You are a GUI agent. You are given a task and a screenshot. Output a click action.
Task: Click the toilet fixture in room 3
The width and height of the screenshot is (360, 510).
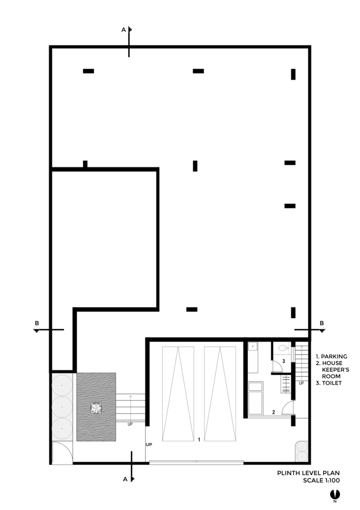[x=284, y=348]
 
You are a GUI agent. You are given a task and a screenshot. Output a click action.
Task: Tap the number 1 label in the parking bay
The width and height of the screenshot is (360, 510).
[x=199, y=440]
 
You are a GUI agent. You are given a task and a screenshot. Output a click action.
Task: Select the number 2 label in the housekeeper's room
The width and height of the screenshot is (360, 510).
[x=273, y=412]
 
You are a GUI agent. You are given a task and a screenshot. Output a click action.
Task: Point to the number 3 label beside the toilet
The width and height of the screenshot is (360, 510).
[x=284, y=361]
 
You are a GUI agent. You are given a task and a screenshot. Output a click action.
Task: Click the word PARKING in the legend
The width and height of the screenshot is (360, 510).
[x=334, y=356]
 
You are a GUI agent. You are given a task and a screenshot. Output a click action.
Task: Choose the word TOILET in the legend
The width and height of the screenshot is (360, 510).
[x=332, y=383]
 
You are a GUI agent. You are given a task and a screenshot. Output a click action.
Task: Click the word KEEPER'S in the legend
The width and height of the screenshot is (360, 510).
[x=336, y=369]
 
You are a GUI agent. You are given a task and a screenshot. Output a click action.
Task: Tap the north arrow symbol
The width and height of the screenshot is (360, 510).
[x=335, y=494]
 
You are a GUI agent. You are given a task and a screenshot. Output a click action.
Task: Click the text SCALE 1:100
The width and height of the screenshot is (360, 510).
[x=321, y=480]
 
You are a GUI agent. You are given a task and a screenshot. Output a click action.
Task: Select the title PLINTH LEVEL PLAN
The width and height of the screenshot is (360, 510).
[x=308, y=473]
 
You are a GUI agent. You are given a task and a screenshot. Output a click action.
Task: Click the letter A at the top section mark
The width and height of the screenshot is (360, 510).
[x=123, y=30]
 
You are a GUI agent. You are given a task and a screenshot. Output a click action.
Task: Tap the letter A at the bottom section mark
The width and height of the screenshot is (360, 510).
[x=125, y=479]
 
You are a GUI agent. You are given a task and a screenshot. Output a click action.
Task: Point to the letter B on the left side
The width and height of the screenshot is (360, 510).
[x=37, y=323]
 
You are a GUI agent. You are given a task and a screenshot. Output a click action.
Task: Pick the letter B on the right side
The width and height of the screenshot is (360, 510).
[x=322, y=323]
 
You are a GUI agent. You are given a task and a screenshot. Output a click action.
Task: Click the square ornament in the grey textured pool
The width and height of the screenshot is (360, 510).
[x=96, y=408]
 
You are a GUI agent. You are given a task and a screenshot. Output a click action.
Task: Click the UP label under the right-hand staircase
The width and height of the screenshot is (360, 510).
[x=301, y=383]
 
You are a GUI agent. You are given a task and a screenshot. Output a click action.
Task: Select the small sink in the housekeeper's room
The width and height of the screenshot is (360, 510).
[x=253, y=346]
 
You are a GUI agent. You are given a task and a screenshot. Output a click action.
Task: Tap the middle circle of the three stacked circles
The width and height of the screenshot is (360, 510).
[x=62, y=407]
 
